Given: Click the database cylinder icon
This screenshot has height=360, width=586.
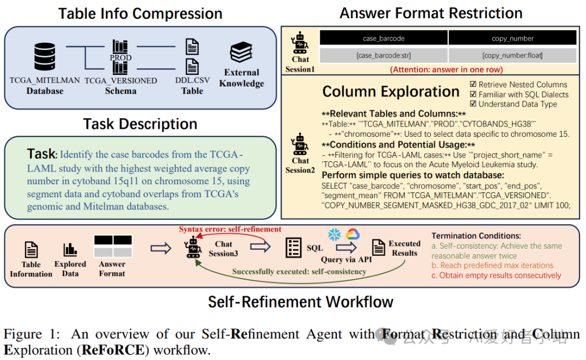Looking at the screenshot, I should [44, 56].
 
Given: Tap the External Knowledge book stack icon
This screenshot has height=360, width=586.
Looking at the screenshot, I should [241, 53].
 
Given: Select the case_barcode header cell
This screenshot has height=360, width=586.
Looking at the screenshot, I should [383, 38].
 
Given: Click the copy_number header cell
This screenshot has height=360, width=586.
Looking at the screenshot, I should [512, 38].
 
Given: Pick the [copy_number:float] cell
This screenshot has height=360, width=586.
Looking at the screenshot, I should [512, 55].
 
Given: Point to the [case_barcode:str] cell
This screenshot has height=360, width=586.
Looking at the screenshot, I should [383, 55].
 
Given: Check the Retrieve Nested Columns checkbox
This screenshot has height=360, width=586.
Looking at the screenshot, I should [473, 85].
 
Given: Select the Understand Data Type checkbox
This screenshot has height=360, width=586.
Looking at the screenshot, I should [473, 104].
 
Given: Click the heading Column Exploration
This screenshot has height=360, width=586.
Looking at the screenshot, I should [391, 92].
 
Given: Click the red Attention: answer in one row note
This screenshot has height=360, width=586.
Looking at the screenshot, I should [446, 69].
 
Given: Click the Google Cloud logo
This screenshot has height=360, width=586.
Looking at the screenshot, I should [351, 235].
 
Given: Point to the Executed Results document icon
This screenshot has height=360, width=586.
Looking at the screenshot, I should [379, 247].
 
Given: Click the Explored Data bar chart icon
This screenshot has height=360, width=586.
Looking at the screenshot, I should [70, 250].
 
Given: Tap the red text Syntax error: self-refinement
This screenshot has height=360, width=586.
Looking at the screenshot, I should [230, 229].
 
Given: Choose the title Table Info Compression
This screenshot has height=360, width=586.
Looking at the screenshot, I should [140, 14].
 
